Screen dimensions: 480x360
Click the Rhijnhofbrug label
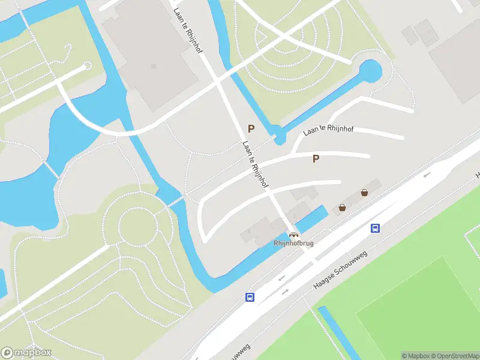293,243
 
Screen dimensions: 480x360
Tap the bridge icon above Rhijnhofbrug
293,235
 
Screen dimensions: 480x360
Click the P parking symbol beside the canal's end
251,128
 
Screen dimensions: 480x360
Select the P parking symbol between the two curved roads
316,158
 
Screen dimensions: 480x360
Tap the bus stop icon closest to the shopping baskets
376,228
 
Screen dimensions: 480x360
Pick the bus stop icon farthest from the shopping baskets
250,297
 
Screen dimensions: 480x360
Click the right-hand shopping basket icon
364,193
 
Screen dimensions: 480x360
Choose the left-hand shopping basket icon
342,208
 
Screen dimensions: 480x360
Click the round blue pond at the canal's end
370,72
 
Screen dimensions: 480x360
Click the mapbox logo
26,353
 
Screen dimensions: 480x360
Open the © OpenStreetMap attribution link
454,356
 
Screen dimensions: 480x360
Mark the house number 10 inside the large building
154,66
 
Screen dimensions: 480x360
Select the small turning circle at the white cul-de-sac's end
87,65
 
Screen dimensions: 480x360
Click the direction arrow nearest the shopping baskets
427,175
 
